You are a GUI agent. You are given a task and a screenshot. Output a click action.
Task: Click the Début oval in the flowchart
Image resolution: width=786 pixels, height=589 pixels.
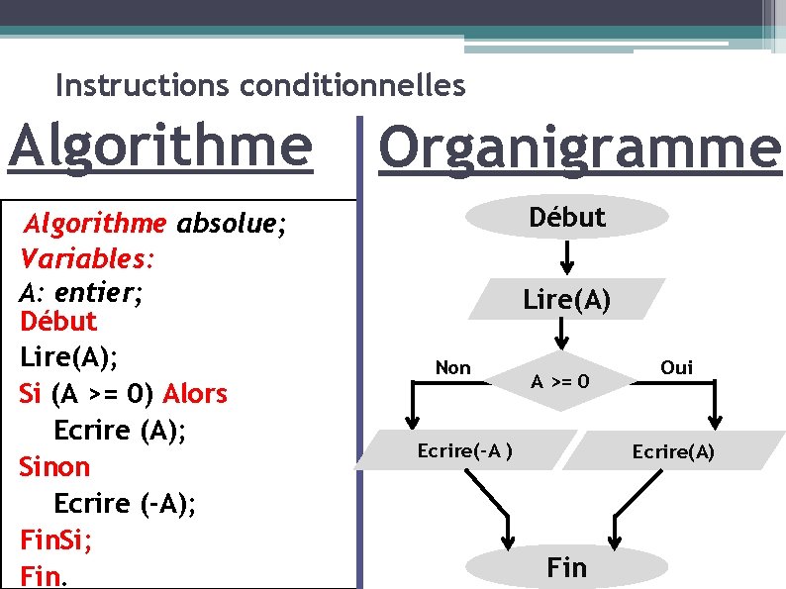(567, 217)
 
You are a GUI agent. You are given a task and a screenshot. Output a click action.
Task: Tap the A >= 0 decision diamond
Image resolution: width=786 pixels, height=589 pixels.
(560, 381)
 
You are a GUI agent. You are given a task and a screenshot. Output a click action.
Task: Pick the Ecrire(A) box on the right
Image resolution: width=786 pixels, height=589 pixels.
(673, 451)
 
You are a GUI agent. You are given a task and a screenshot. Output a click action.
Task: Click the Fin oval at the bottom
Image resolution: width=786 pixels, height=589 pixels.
(565, 566)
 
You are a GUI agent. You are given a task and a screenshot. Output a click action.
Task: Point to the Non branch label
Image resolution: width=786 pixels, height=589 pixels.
(453, 367)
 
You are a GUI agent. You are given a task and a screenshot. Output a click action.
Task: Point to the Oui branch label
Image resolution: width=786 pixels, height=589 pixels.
(676, 367)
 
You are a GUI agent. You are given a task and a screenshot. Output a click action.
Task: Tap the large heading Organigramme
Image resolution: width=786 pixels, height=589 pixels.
(580, 148)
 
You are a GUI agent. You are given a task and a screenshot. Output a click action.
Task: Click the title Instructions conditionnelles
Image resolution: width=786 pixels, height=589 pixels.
(260, 86)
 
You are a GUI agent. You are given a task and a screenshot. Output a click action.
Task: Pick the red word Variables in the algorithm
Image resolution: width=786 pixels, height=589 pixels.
(84, 259)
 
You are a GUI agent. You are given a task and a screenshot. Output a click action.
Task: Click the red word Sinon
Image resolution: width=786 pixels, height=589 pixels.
(54, 466)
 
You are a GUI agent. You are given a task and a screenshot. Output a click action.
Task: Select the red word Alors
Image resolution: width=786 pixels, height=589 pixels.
(195, 394)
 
